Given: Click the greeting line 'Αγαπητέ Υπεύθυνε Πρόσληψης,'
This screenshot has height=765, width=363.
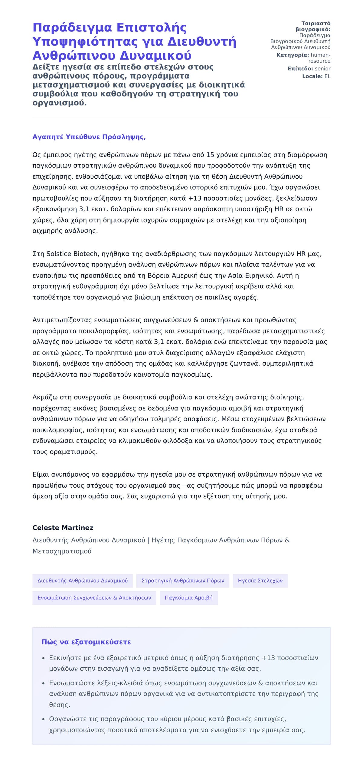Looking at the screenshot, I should (x=89, y=137).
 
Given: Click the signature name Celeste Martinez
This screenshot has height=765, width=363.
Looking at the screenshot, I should (x=63, y=527).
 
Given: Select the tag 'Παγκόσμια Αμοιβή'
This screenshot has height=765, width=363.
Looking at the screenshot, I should (x=188, y=598).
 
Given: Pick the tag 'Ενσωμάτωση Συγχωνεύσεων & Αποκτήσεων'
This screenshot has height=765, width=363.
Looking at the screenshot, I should (x=94, y=598).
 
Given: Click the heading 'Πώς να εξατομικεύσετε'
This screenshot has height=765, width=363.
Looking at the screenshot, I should (x=86, y=642).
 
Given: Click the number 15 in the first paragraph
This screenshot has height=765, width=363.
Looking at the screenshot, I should (x=210, y=155).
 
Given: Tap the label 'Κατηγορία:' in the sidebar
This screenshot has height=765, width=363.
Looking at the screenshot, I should (x=293, y=55).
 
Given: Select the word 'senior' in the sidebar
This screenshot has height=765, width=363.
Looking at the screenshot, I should (x=322, y=69).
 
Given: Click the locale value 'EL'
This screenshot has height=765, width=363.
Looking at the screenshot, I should (x=327, y=76).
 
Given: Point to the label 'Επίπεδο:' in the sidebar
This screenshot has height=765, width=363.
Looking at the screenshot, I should (x=300, y=69).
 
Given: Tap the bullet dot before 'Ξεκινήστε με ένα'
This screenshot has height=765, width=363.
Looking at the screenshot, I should (x=44, y=658).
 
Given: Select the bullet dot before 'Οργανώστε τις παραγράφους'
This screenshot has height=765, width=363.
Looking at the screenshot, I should (x=44, y=719).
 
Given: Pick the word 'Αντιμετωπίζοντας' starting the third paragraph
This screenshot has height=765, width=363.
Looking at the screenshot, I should (x=62, y=320).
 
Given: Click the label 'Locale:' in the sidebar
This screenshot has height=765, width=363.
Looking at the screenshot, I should (x=312, y=76).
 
